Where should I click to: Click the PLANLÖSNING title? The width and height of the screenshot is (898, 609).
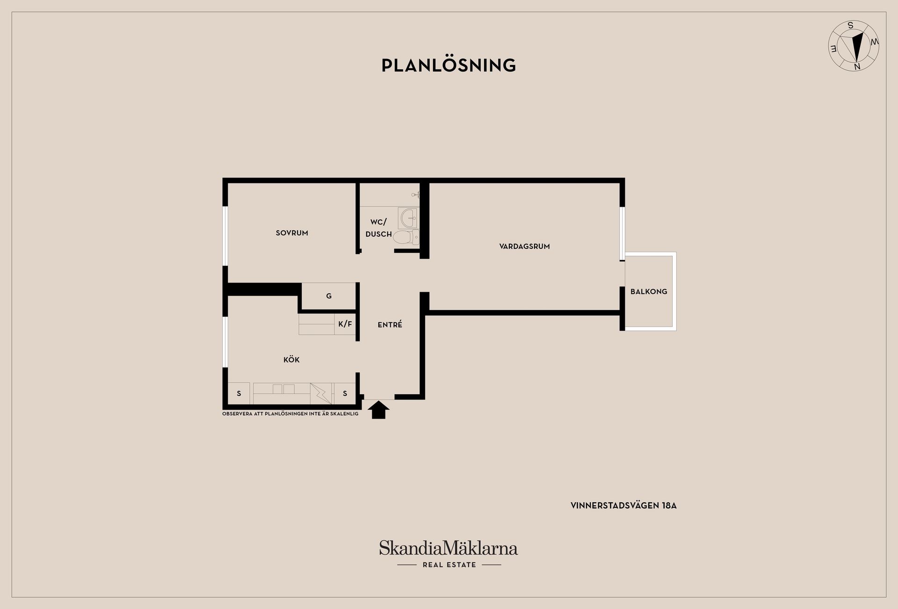coord(449,65)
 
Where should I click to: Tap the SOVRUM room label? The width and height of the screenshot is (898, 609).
coord(292,233)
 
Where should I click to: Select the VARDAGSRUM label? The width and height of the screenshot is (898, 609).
coord(524,246)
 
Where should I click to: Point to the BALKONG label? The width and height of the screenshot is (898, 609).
coord(649,291)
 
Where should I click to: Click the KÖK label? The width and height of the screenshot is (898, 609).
coord(291,359)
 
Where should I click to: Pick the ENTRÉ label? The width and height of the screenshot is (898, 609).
coord(390,324)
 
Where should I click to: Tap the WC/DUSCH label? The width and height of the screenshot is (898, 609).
coord(379,228)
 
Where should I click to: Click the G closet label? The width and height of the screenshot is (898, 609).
coord(329,296)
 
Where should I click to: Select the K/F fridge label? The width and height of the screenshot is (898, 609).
coord(345,324)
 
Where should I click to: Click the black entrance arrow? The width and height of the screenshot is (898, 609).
coord(378,410)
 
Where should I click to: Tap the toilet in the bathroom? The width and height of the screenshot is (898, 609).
coord(406,237)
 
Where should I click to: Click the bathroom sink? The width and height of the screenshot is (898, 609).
coord(408,218)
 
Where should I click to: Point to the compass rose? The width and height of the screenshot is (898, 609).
coord(854,46)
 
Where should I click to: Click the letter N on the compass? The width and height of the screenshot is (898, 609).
coord(857,67)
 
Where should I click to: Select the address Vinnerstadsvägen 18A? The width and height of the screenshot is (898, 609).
coord(623,506)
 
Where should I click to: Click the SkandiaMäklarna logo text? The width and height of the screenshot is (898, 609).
coord(449,548)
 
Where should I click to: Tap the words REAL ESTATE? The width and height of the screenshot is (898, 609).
coord(449,565)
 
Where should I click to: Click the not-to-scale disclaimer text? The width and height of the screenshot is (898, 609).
coord(290,414)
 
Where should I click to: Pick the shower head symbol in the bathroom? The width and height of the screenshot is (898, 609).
coord(415,195)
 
